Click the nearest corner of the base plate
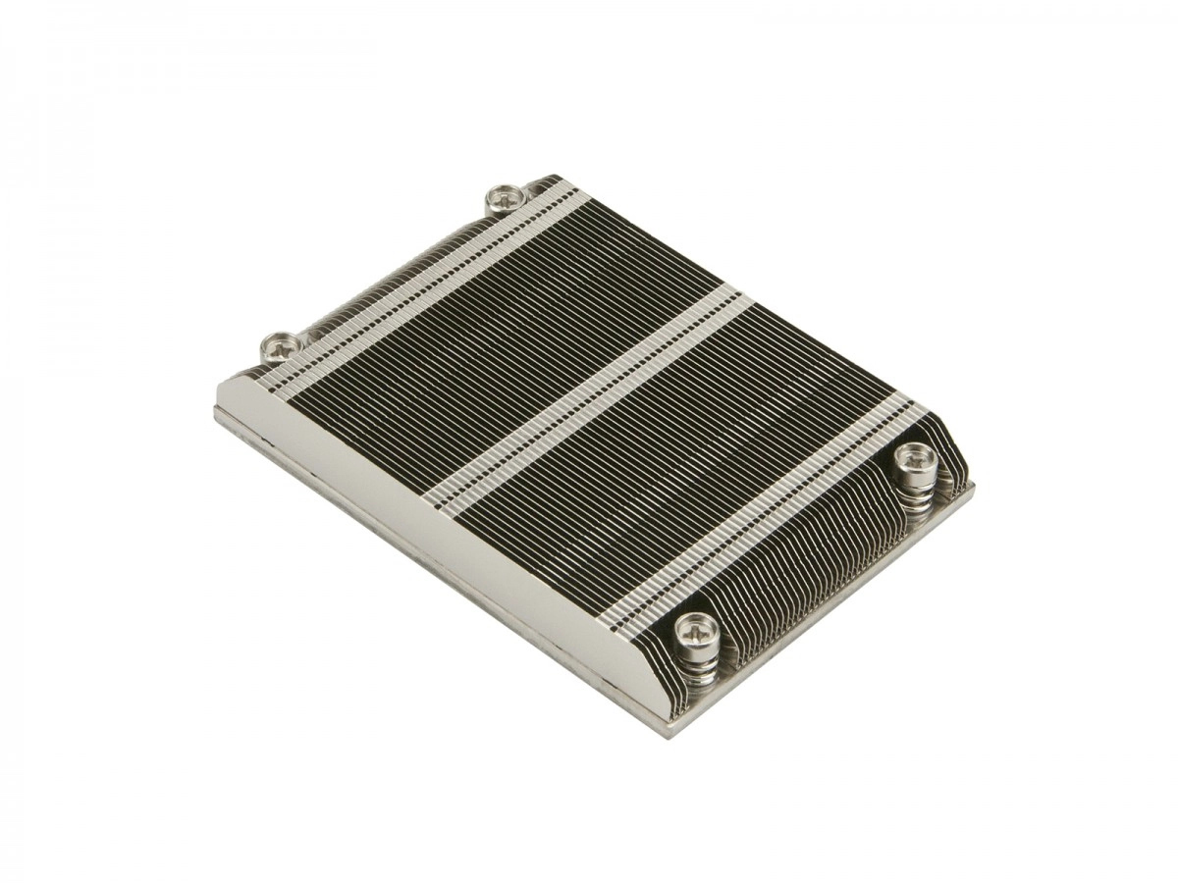point(673,731)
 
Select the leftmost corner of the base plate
point(217,412)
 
